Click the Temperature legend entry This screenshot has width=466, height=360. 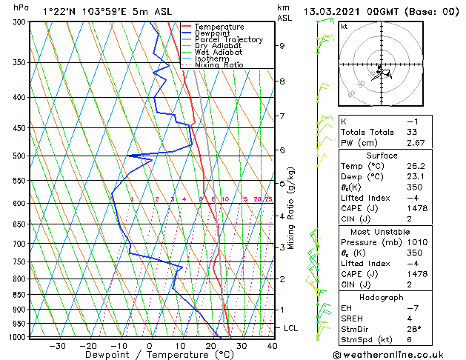(x=219, y=27)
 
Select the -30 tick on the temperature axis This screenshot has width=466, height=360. (x=56, y=346)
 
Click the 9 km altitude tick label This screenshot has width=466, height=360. (x=282, y=46)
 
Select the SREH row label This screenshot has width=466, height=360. (x=353, y=319)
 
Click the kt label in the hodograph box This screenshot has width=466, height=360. (x=344, y=27)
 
